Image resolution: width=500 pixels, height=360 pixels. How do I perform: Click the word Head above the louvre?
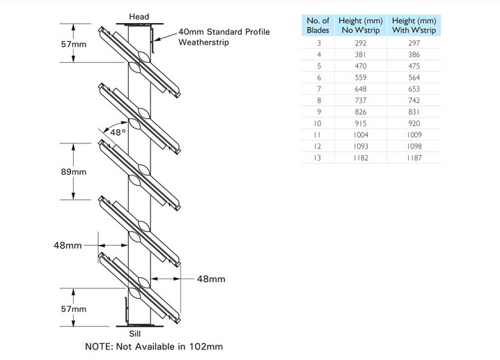tap(139, 17)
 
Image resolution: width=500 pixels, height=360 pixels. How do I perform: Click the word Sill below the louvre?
tap(135, 334)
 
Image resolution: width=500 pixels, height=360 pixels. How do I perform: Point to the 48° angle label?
tap(118, 132)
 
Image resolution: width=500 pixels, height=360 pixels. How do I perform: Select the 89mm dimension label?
tap(74, 172)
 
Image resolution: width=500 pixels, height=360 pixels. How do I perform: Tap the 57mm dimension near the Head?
tap(74, 44)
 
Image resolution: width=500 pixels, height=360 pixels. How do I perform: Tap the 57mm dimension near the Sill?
tap(74, 308)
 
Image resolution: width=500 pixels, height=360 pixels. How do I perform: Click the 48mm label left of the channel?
tap(68, 245)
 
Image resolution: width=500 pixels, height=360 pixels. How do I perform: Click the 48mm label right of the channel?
tap(211, 279)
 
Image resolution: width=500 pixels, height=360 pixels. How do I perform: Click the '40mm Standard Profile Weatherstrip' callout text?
tap(224, 37)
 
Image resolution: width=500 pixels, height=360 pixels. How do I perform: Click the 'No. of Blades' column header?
tap(318, 25)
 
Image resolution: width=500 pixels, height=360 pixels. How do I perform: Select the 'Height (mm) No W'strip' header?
tap(361, 25)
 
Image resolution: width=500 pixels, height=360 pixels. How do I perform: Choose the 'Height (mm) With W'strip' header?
tap(414, 25)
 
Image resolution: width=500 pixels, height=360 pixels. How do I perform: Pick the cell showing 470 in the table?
tap(361, 66)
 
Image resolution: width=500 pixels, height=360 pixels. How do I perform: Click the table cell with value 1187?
tap(414, 158)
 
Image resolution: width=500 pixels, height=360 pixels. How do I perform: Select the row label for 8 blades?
tap(319, 100)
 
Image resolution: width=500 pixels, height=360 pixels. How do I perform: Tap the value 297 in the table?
tap(414, 43)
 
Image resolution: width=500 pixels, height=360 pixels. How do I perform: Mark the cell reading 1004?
tap(361, 135)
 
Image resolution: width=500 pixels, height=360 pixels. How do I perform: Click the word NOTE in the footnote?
tap(98, 347)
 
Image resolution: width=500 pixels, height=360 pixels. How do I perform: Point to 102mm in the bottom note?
tap(206, 347)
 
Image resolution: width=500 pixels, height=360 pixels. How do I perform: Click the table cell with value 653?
tap(414, 89)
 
